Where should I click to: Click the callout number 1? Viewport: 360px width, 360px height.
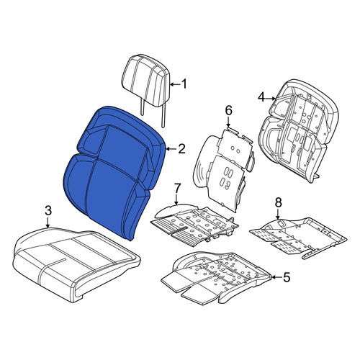click(184, 84)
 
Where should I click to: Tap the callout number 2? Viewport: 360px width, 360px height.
click(181, 149)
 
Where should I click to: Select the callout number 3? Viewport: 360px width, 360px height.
click(48, 211)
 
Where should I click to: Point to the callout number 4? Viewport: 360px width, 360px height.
click(261, 98)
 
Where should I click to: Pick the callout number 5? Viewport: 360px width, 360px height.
click(287, 277)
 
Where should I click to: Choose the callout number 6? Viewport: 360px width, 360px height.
click(228, 111)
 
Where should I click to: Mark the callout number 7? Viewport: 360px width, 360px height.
click(176, 189)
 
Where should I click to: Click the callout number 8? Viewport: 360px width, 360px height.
click(278, 203)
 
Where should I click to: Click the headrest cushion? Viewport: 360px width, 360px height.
click(146, 81)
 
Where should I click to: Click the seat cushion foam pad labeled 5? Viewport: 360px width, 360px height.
click(216, 276)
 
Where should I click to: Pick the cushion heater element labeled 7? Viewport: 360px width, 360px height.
click(194, 225)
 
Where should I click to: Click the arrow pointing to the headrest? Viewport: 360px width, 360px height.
click(174, 84)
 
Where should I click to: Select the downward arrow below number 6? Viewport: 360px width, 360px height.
click(228, 122)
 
